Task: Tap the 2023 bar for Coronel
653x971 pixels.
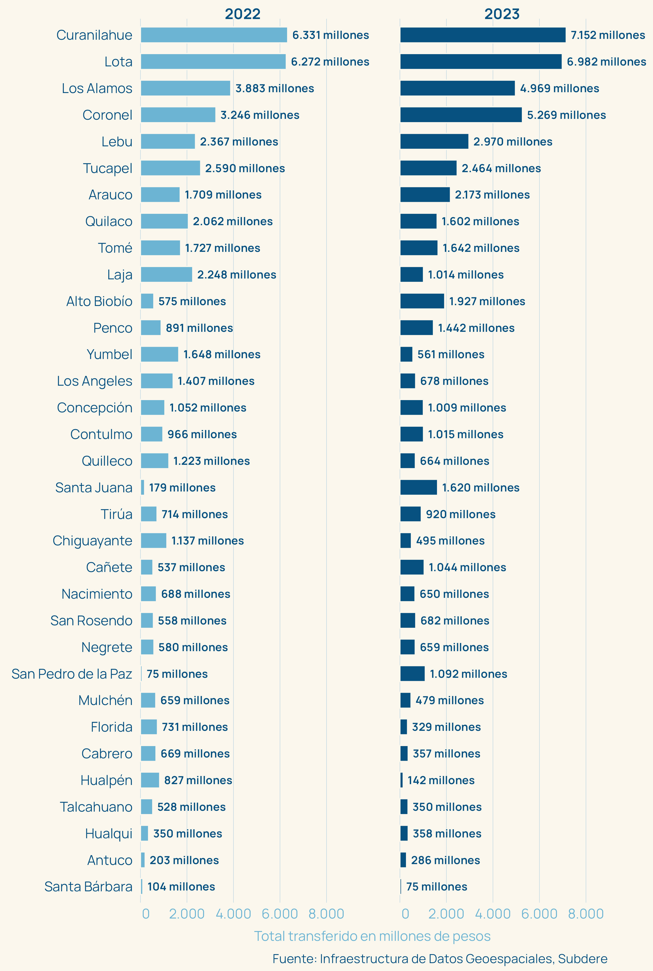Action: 461,115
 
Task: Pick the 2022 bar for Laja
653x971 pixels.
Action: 166,275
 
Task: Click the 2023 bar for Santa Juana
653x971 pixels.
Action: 418,487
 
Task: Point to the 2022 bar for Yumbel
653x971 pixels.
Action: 159,354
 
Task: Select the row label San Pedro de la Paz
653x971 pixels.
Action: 72,674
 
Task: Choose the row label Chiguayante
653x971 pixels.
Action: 93,541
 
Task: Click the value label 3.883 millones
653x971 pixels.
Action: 275,88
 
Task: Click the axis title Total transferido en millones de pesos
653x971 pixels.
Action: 372,936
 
